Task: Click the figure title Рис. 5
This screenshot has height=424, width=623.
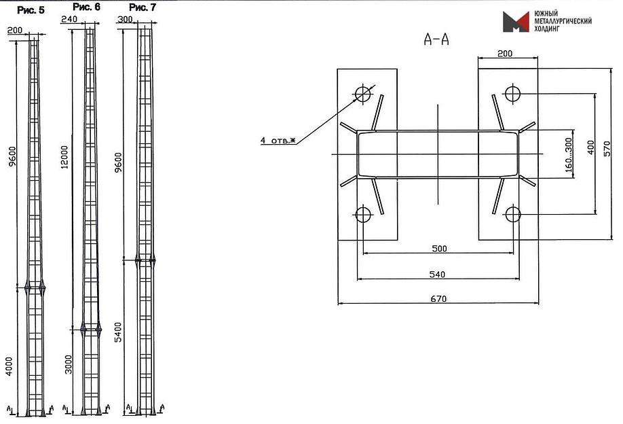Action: [x=31, y=10]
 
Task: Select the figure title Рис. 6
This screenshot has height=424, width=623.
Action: [x=86, y=7]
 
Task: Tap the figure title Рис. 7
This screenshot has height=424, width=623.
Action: [x=143, y=7]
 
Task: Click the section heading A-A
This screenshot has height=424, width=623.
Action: [x=436, y=39]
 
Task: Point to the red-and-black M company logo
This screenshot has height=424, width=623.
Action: [x=516, y=22]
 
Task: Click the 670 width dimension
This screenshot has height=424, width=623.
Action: [x=438, y=299]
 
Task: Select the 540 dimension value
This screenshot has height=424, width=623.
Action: [x=437, y=274]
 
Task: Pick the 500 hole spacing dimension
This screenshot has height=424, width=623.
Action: [x=439, y=249]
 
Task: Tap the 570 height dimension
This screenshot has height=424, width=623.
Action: [x=607, y=148]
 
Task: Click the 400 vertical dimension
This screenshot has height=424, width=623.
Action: [x=591, y=147]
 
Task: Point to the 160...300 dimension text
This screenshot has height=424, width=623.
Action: [x=569, y=155]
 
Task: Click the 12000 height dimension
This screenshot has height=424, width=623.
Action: [x=64, y=157]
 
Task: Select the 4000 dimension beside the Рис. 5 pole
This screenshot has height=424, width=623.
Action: [x=9, y=366]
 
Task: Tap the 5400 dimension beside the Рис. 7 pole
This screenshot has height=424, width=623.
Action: [x=118, y=332]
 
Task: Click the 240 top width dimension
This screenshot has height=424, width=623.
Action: [x=69, y=19]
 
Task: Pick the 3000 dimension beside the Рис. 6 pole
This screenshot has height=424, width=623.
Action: [x=69, y=364]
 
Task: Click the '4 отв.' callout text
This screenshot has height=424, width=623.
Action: [x=278, y=141]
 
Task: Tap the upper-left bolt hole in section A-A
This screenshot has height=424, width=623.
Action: [x=363, y=94]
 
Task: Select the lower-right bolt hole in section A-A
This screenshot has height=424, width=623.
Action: [x=513, y=215]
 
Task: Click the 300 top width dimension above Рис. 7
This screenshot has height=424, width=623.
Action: [x=125, y=19]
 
